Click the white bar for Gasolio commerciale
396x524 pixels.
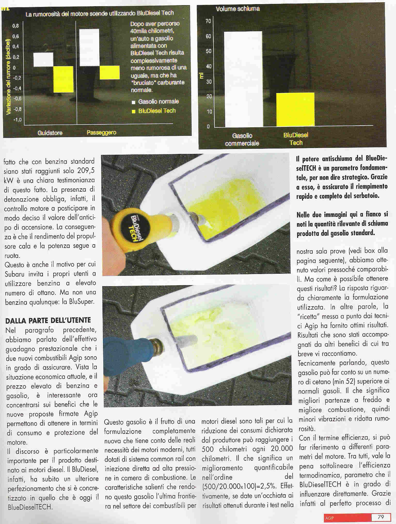click(243, 79)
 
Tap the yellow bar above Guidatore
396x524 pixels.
click(63, 79)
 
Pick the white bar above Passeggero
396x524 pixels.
click(89, 47)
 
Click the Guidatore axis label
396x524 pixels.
click(50, 133)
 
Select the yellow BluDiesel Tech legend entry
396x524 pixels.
click(154, 111)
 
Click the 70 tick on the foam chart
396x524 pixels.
click(208, 21)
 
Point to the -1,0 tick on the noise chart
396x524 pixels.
click(17, 120)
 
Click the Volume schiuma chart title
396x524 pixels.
click(237, 9)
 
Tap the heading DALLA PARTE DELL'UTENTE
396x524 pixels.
click(48, 320)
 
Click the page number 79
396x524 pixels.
click(381, 516)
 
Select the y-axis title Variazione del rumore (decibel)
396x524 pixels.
click(8, 77)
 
